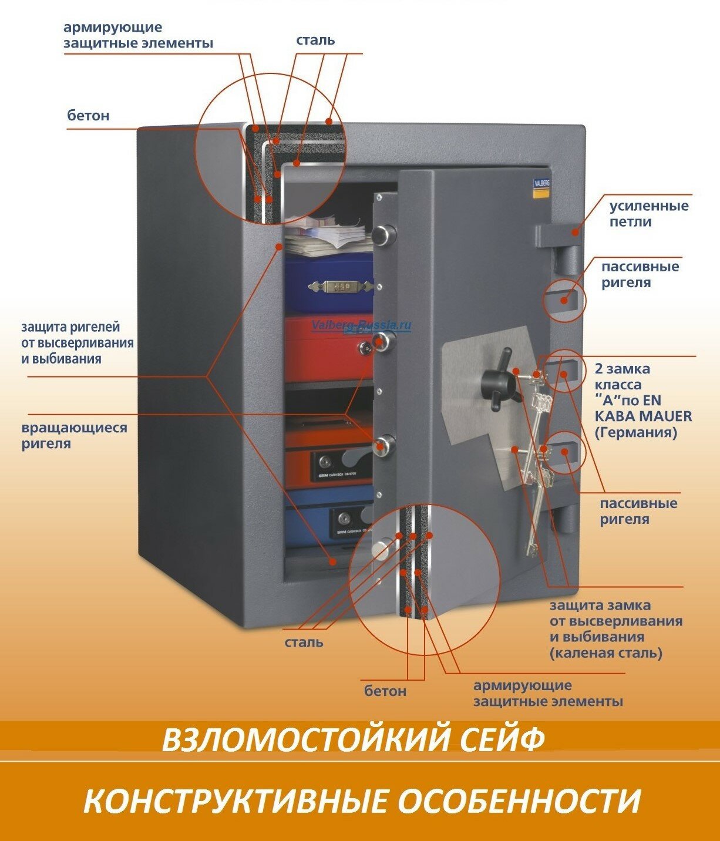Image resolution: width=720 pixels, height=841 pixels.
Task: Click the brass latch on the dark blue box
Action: pyautogui.click(x=334, y=286)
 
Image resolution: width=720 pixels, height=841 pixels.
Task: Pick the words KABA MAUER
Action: pyautogui.click(x=643, y=416)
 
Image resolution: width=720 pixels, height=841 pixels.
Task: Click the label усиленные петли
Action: pyautogui.click(x=648, y=214)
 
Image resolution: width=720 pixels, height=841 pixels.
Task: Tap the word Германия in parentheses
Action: pyautogui.click(x=635, y=433)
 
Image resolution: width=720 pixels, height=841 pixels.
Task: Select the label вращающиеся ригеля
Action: pyautogui.click(x=74, y=435)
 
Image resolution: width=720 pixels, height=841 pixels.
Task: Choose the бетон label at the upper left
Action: pyautogui.click(x=88, y=116)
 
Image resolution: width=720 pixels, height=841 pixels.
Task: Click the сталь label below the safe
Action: pyautogui.click(x=304, y=642)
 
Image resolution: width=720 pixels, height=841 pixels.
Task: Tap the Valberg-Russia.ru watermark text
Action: pyautogui.click(x=361, y=325)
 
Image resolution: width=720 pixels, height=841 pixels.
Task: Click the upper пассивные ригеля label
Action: pyautogui.click(x=640, y=274)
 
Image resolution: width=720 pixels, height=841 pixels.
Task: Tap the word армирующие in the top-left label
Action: pyautogui.click(x=113, y=28)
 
